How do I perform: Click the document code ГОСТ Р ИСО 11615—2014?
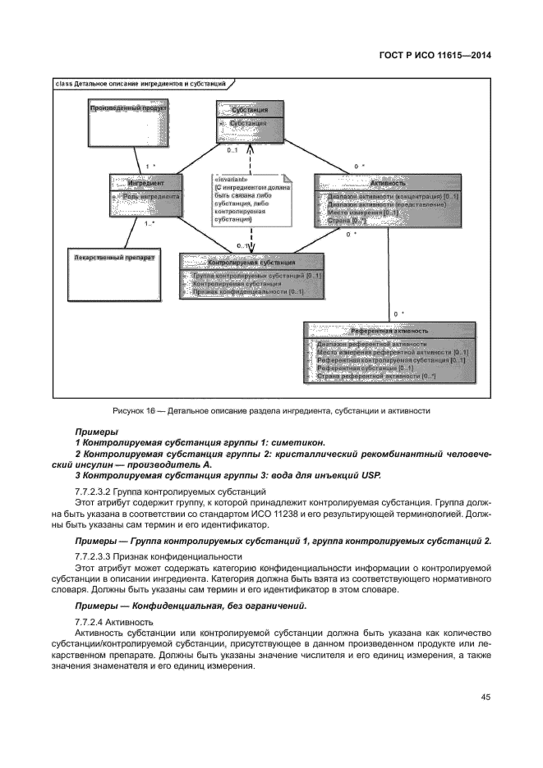[445, 57]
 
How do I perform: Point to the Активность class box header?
[386, 183]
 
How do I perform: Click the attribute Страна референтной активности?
[375, 377]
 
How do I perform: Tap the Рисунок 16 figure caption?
[271, 410]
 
